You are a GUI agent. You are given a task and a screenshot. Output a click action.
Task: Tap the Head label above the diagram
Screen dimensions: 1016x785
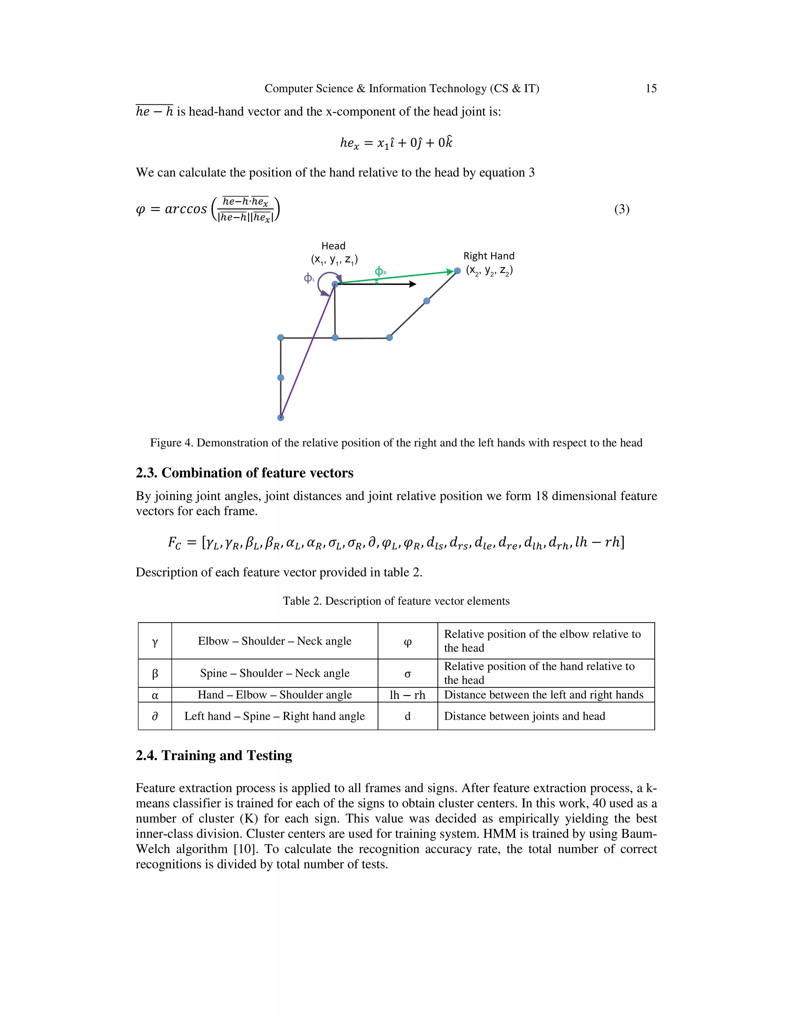(x=333, y=246)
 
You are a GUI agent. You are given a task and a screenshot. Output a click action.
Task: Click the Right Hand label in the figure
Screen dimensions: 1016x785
(x=488, y=256)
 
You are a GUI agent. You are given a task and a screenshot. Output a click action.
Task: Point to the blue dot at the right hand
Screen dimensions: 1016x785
(x=457, y=271)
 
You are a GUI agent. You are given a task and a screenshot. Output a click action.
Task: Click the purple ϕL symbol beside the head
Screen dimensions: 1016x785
(x=309, y=278)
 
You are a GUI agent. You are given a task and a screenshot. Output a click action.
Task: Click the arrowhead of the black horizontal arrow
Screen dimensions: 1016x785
(x=412, y=284)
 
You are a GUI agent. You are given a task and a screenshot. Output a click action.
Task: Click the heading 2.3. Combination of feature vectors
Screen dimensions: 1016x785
(x=244, y=473)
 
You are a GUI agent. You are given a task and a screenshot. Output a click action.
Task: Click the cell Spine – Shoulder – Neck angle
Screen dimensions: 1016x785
(x=274, y=673)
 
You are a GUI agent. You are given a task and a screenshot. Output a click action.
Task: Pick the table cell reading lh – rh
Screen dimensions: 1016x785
(x=407, y=695)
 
